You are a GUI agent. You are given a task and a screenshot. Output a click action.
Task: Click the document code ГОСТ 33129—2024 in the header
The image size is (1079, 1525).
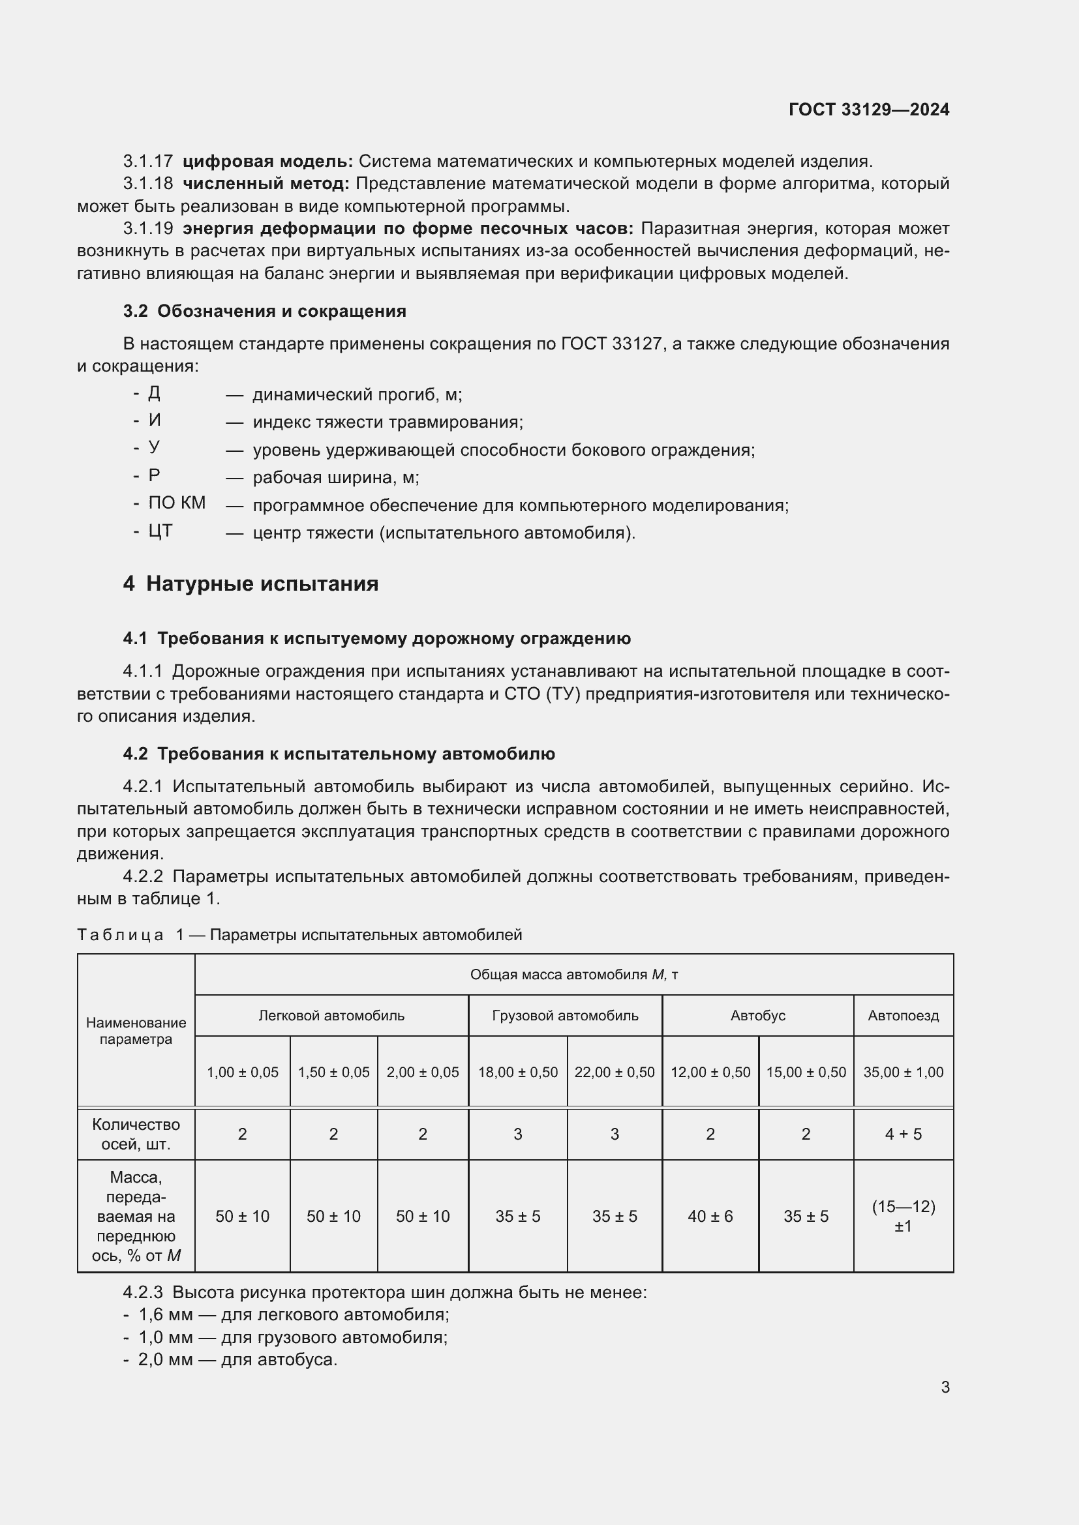click(x=868, y=110)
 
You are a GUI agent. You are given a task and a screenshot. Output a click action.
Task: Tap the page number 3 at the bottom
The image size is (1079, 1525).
click(x=945, y=1387)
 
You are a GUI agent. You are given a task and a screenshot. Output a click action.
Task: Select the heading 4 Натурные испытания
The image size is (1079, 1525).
click(x=251, y=584)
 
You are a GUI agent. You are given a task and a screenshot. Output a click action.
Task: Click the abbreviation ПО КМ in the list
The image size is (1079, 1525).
click(x=177, y=503)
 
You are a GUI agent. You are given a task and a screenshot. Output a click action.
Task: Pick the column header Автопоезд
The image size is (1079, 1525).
click(x=903, y=1016)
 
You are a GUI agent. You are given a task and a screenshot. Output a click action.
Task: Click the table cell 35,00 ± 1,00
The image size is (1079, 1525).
click(x=903, y=1072)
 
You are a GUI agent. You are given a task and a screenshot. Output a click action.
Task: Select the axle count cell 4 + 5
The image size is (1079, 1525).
click(x=903, y=1134)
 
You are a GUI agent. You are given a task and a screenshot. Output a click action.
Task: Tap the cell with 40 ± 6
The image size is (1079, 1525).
click(x=710, y=1216)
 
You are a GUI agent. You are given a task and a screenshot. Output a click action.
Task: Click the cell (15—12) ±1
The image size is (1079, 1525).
click(x=903, y=1216)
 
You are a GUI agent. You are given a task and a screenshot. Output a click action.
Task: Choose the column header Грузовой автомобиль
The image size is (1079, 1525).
click(x=565, y=1016)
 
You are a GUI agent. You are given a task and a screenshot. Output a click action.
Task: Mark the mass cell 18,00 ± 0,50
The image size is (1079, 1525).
click(x=517, y=1072)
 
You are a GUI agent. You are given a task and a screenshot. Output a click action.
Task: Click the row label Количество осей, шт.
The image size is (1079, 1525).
click(x=136, y=1134)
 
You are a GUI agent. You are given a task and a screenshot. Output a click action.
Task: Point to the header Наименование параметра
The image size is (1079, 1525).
click(x=136, y=1031)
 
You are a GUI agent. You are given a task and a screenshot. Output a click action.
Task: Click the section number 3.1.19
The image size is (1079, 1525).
click(x=147, y=228)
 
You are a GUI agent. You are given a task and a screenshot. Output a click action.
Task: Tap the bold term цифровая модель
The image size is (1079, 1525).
click(x=267, y=162)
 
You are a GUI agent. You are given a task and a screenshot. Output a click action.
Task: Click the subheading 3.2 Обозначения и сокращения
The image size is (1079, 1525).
click(x=264, y=311)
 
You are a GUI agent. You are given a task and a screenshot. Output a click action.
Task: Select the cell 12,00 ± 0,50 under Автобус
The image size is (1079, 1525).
click(x=710, y=1072)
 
